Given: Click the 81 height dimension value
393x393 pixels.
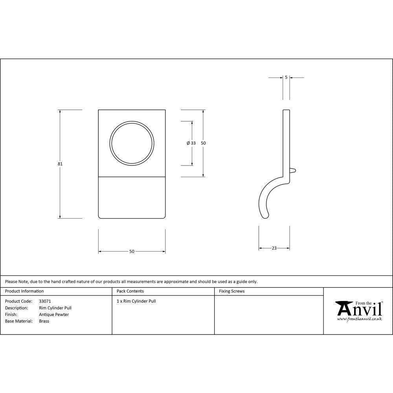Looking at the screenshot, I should [x=60, y=164].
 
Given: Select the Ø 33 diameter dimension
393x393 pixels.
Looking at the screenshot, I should [x=191, y=143].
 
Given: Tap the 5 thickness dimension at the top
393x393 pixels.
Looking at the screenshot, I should [x=286, y=77].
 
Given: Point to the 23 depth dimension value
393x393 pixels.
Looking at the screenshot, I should [x=274, y=248].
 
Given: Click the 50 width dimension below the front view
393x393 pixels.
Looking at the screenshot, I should [x=132, y=252].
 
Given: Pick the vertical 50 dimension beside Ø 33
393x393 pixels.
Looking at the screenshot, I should [x=203, y=143].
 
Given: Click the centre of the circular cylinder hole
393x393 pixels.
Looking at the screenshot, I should [x=132, y=143].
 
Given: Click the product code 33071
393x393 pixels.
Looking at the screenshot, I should [x=45, y=301].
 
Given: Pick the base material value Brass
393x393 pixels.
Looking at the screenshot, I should [x=44, y=321].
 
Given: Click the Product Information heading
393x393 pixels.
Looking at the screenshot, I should [x=24, y=291].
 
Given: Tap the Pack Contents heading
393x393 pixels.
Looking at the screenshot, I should [x=130, y=291].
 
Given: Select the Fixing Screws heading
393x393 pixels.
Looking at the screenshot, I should [x=232, y=291].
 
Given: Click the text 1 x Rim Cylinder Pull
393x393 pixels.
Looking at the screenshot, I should [x=136, y=301].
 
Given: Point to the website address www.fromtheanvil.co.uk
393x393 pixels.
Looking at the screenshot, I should [x=359, y=320].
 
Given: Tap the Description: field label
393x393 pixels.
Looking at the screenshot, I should [x=17, y=308].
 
